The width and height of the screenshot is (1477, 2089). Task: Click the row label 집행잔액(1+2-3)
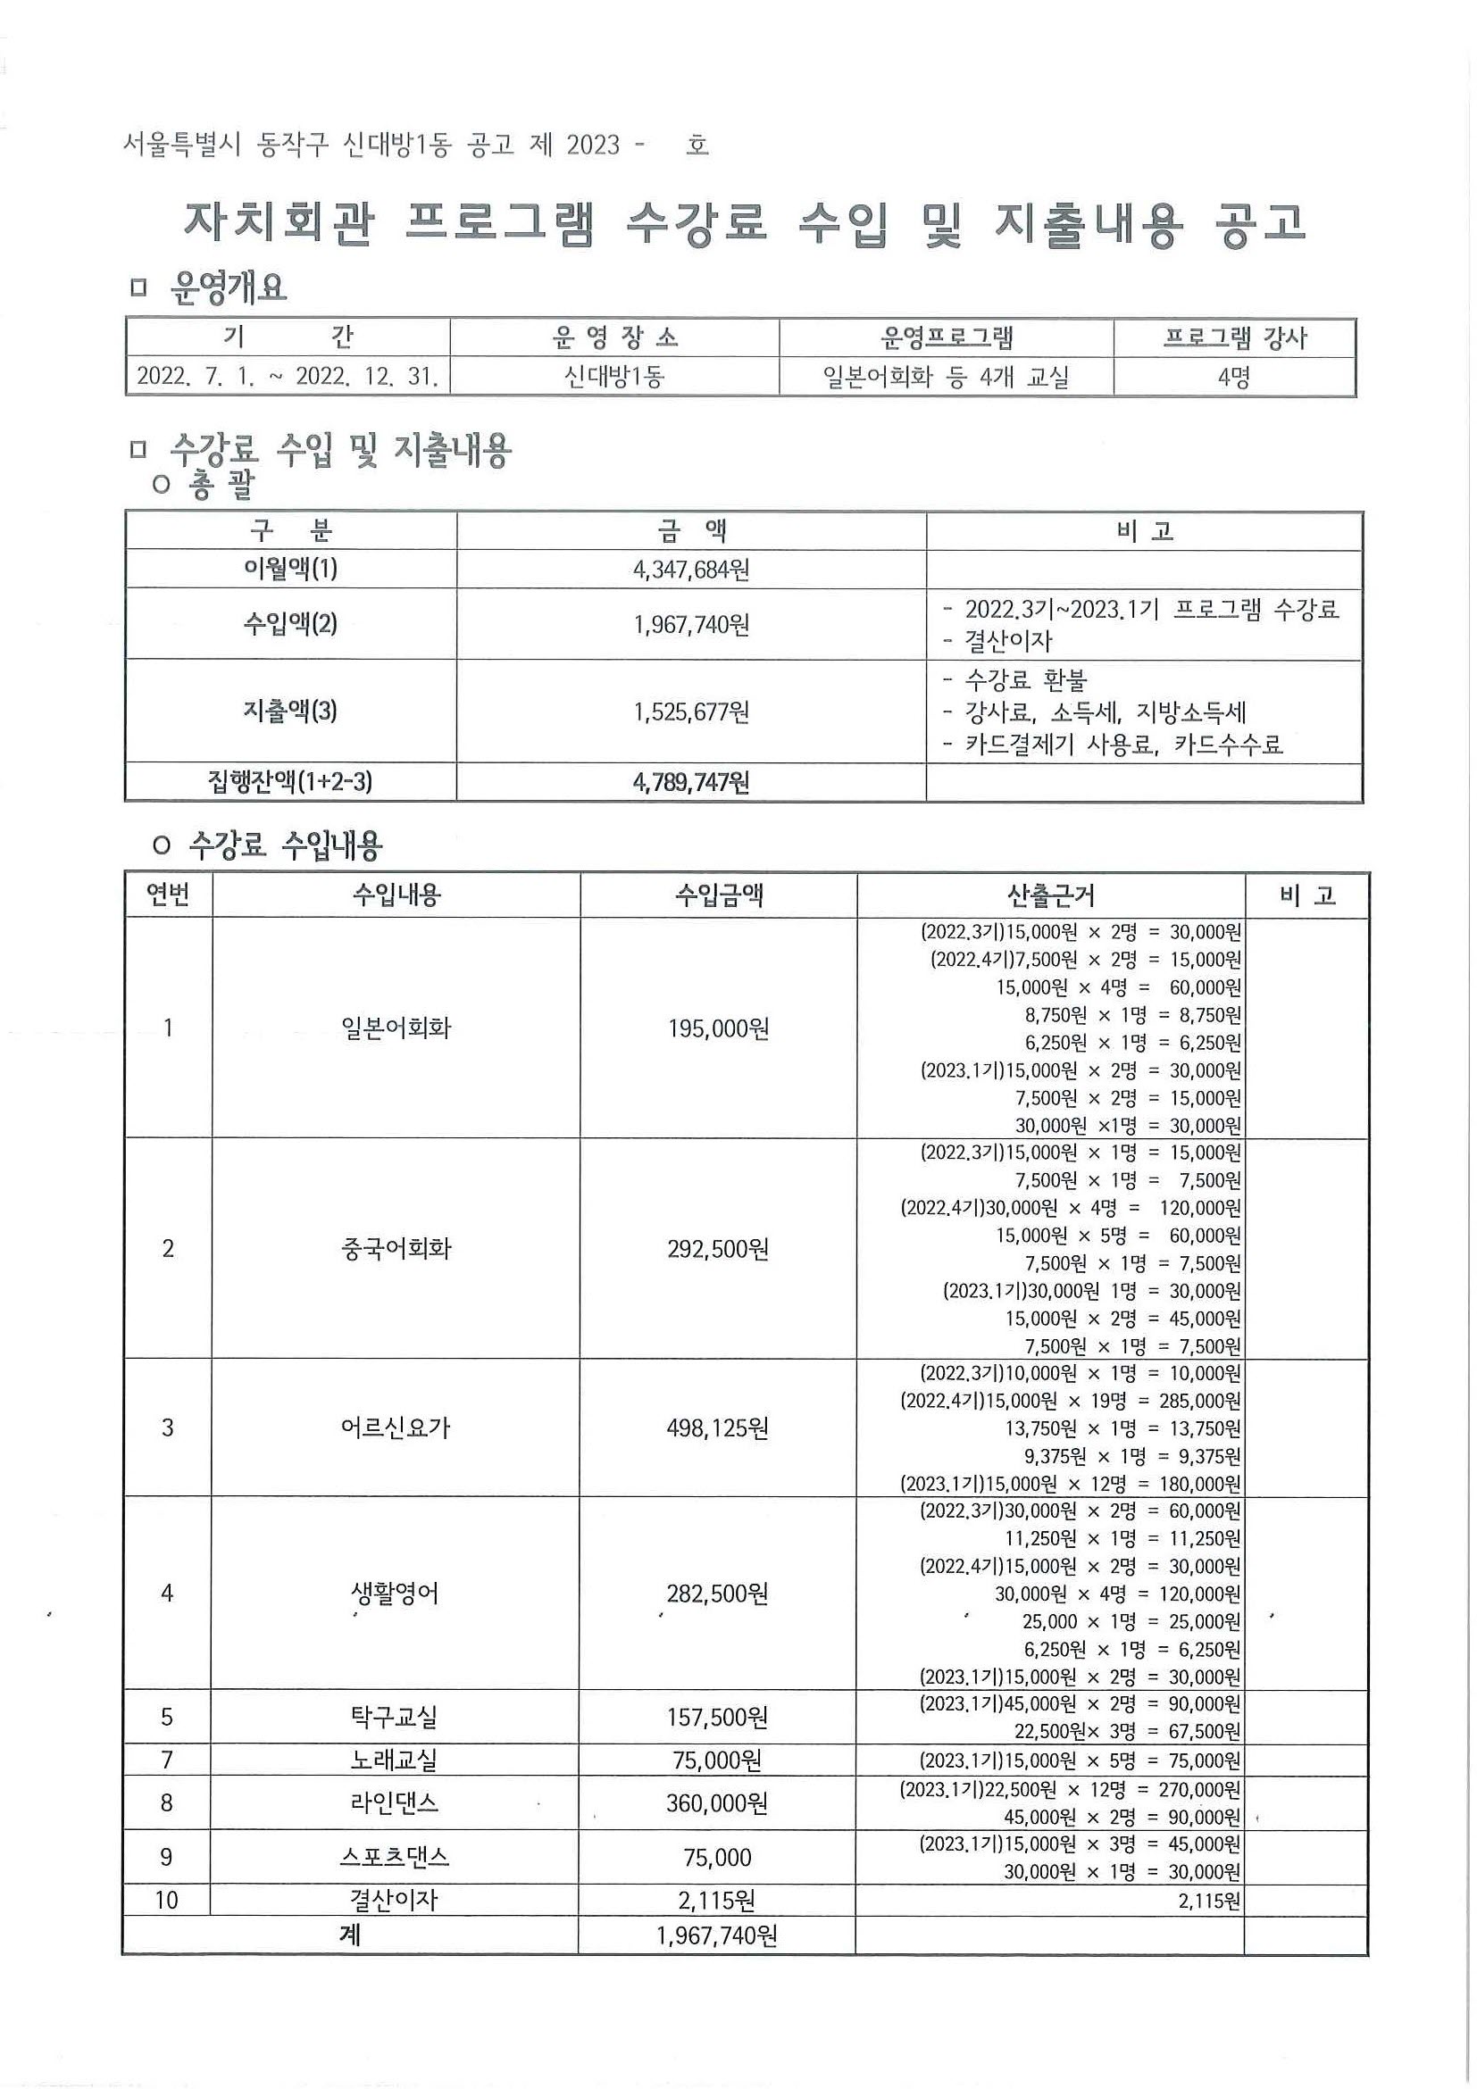(x=290, y=782)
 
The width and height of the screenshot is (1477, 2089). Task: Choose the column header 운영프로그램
(x=947, y=338)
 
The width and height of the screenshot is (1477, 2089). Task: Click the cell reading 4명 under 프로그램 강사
(x=1234, y=377)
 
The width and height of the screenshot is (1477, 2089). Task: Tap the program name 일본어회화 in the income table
(x=396, y=1028)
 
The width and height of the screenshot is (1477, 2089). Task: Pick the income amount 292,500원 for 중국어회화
(x=718, y=1248)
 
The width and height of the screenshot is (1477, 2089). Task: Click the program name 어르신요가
(x=396, y=1427)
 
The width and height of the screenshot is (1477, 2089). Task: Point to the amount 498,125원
(x=718, y=1427)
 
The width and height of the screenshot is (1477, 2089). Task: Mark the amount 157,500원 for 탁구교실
(x=718, y=1717)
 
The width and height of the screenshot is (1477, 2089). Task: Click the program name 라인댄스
(x=396, y=1802)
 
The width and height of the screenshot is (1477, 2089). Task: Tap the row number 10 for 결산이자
(x=166, y=1900)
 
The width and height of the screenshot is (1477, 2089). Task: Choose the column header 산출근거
(x=1050, y=896)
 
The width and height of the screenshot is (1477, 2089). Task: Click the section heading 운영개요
(x=229, y=288)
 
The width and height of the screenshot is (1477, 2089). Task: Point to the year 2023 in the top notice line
(x=592, y=146)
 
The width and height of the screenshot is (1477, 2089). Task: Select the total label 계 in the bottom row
(x=350, y=1935)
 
